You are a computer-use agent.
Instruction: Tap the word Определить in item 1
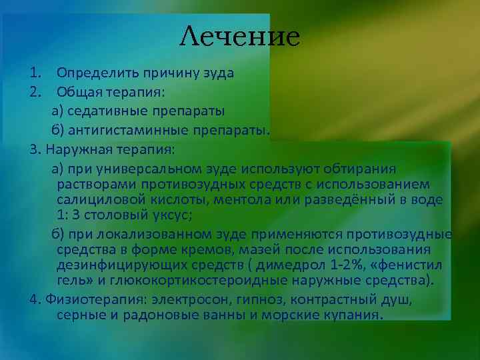[91, 73]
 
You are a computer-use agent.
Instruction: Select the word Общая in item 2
[77, 91]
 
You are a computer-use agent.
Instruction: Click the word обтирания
[361, 167]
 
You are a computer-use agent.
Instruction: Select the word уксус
[172, 215]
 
